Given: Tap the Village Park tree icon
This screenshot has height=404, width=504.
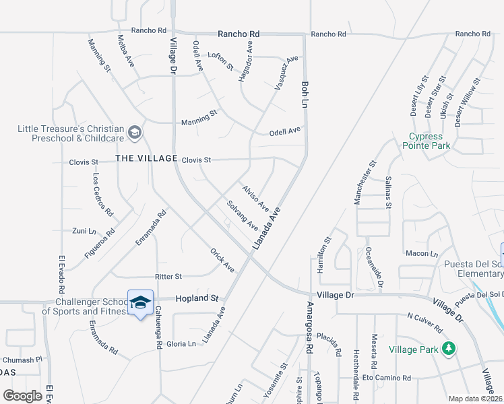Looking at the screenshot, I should pos(448,348).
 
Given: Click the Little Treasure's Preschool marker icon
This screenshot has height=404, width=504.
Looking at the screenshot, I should pos(135,132).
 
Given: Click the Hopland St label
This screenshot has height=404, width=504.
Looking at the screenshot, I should pos(198,298).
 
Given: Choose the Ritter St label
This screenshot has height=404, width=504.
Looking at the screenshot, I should pos(168,276).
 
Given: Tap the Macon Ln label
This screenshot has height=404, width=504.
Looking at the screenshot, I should pos(422,253).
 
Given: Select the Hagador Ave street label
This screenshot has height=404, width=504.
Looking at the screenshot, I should pos(245,61).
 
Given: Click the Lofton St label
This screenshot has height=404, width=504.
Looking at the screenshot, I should pos(220,61).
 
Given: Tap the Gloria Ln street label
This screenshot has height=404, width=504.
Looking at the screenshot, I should pos(181,343).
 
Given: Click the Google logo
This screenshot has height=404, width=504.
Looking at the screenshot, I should pos(22,396).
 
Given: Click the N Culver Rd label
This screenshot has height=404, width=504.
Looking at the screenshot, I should pos(424,323).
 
